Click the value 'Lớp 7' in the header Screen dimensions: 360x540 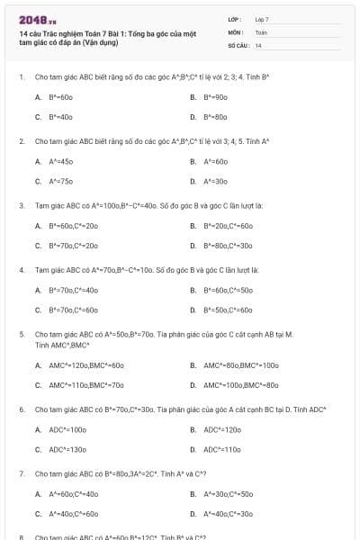262,19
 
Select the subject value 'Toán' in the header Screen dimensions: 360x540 261,31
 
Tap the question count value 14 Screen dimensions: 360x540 258,44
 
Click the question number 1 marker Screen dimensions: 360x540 21,77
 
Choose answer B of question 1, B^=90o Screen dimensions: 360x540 215,96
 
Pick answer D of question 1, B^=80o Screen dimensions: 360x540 215,117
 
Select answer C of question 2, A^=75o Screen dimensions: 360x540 60,181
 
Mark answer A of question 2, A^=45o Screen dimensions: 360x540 60,161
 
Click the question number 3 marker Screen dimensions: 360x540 21,205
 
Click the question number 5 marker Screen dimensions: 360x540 21,334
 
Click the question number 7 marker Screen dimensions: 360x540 21,473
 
